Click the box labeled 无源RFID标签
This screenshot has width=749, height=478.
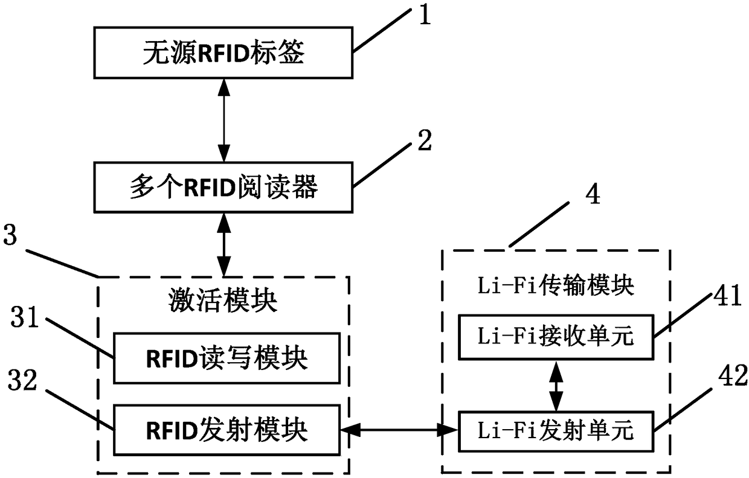[223, 53]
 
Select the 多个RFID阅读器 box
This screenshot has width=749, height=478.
[223, 187]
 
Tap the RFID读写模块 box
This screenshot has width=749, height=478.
[227, 358]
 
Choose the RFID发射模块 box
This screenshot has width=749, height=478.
[227, 430]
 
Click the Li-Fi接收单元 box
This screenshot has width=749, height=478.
[556, 337]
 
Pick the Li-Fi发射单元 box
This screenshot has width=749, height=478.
[556, 432]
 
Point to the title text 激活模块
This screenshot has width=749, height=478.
[223, 301]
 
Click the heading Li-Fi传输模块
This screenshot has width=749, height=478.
[556, 285]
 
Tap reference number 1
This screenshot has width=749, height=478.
[425, 14]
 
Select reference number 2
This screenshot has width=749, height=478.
[425, 141]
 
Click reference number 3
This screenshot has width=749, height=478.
[10, 235]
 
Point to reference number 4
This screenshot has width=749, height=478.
[593, 194]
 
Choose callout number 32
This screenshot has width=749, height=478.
[22, 380]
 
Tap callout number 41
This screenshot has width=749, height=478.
[728, 296]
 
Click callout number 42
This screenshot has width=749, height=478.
[732, 375]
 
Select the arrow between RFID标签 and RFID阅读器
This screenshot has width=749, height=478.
[223, 121]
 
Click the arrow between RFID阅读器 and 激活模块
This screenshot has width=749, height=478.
[223, 245]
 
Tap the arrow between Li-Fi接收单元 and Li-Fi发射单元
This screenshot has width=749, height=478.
[556, 386]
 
